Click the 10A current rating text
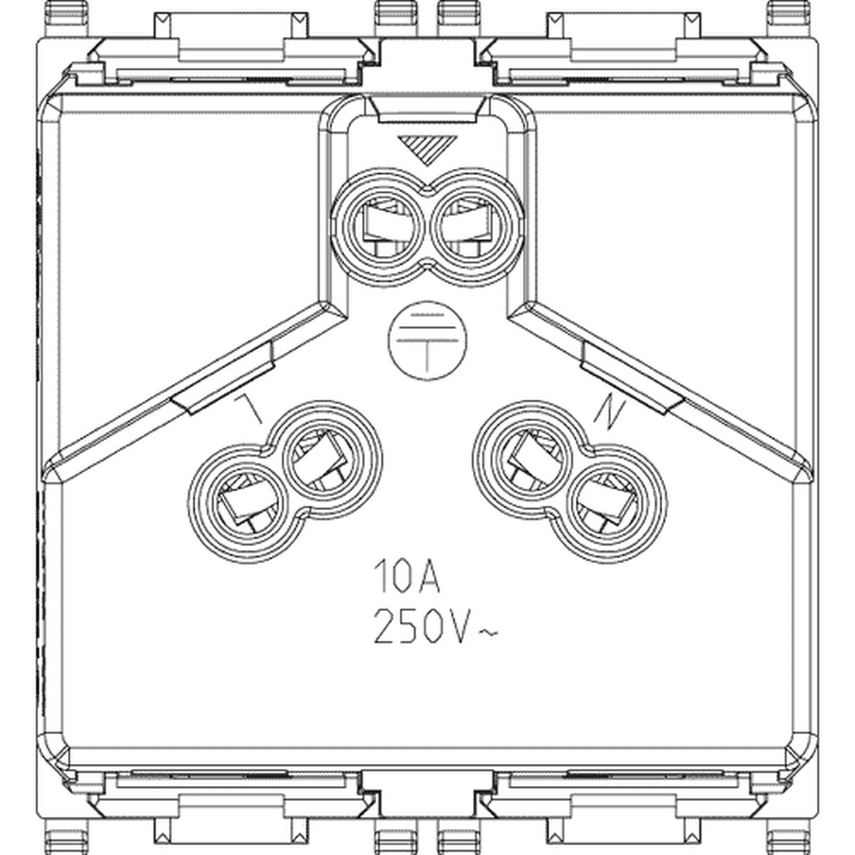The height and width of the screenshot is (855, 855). (x=406, y=576)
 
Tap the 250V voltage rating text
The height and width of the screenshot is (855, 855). (x=420, y=626)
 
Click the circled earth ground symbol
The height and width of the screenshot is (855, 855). (x=427, y=341)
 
